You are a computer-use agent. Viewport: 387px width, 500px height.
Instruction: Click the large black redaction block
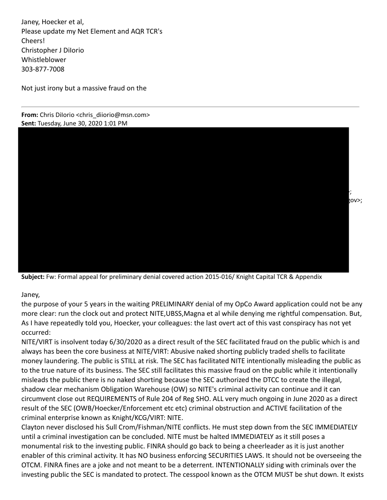(x=183, y=199)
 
